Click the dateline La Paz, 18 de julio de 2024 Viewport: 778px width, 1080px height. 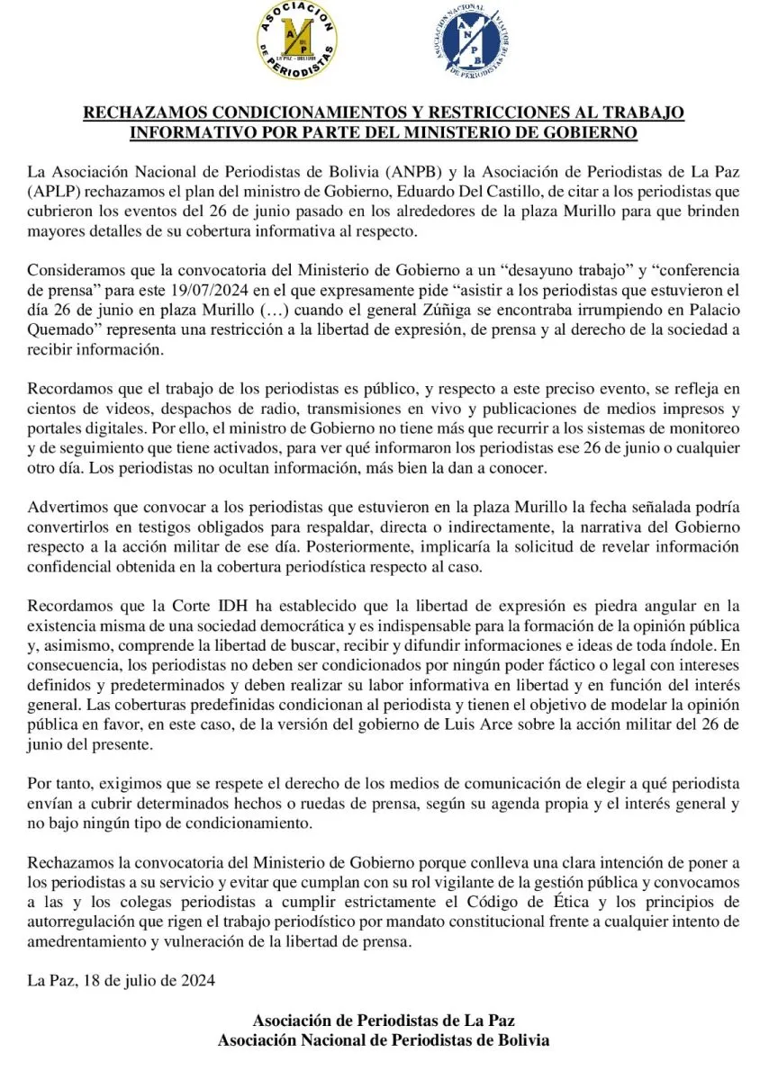tap(122, 980)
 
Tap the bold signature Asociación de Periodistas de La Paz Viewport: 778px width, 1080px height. tap(384, 1021)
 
